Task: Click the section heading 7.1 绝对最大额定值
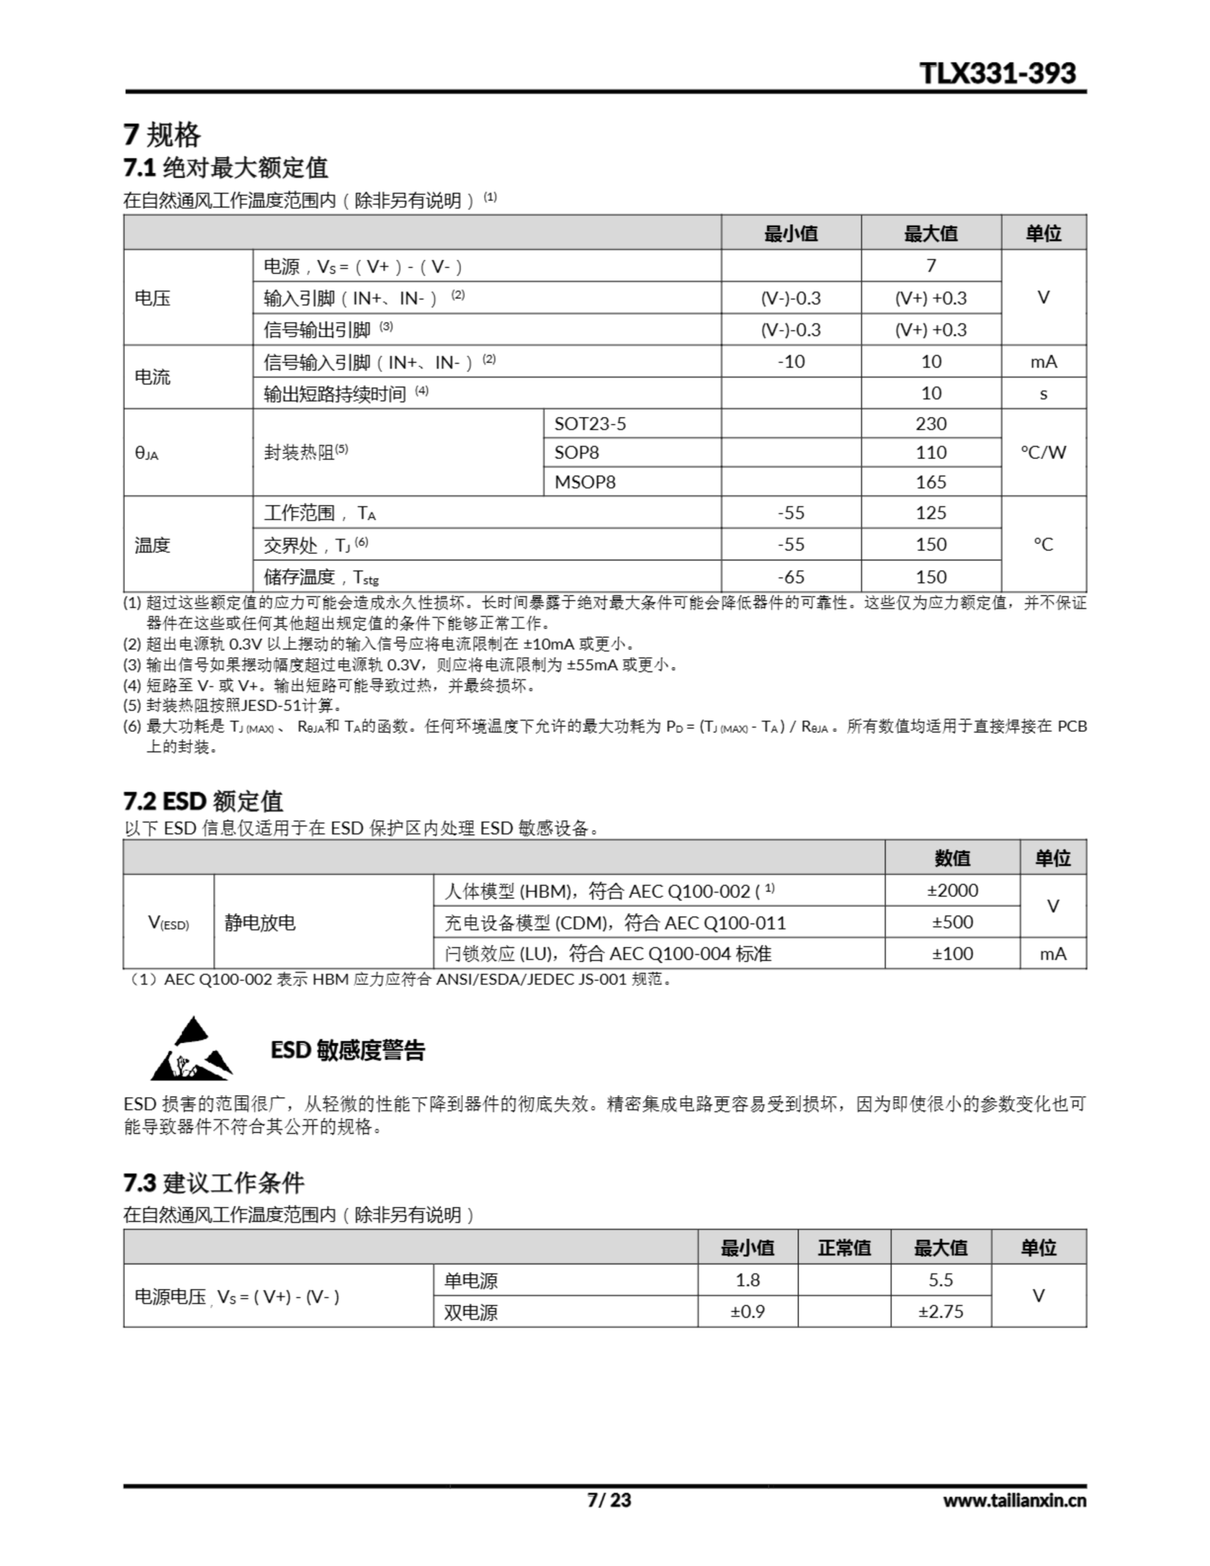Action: (x=225, y=168)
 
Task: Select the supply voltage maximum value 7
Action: (x=930, y=266)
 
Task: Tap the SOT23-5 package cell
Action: (x=590, y=424)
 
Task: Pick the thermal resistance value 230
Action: (x=930, y=424)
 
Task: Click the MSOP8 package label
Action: (x=585, y=482)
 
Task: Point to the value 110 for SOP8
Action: (x=930, y=453)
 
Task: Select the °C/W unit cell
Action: (x=1043, y=453)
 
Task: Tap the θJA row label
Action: (x=146, y=453)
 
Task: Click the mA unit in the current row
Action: (x=1043, y=362)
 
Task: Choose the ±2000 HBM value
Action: (x=952, y=891)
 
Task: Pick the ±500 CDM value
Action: (x=952, y=922)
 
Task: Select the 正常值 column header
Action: (x=844, y=1249)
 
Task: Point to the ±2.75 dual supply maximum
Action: (x=940, y=1312)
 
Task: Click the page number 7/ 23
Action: (x=609, y=1500)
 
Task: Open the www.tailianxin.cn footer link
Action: (x=1014, y=1500)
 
